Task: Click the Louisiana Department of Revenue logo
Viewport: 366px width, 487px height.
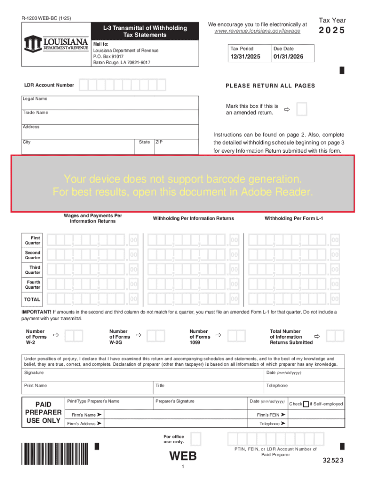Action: coord(56,43)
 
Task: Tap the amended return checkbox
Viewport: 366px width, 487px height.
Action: coord(301,109)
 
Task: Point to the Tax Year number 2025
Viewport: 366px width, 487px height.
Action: coord(332,31)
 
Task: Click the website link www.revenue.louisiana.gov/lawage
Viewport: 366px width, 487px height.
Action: coord(258,31)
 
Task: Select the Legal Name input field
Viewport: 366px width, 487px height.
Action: coord(110,104)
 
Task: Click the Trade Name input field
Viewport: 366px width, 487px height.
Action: coord(110,118)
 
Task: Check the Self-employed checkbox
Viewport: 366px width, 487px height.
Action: coord(306,404)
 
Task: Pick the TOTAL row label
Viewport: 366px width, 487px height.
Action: coord(33,300)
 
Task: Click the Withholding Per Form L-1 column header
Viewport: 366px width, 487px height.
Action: coord(293,218)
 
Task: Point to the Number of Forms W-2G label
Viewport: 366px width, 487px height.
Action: coord(118,337)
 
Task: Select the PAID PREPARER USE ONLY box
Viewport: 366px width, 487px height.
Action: coord(43,412)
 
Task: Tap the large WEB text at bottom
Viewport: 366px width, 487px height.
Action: coord(183,456)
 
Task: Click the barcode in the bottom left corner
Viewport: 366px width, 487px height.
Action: coord(55,453)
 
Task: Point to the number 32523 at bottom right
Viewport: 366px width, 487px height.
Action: coord(333,460)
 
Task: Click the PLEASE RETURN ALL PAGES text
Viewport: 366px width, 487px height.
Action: coord(270,86)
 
